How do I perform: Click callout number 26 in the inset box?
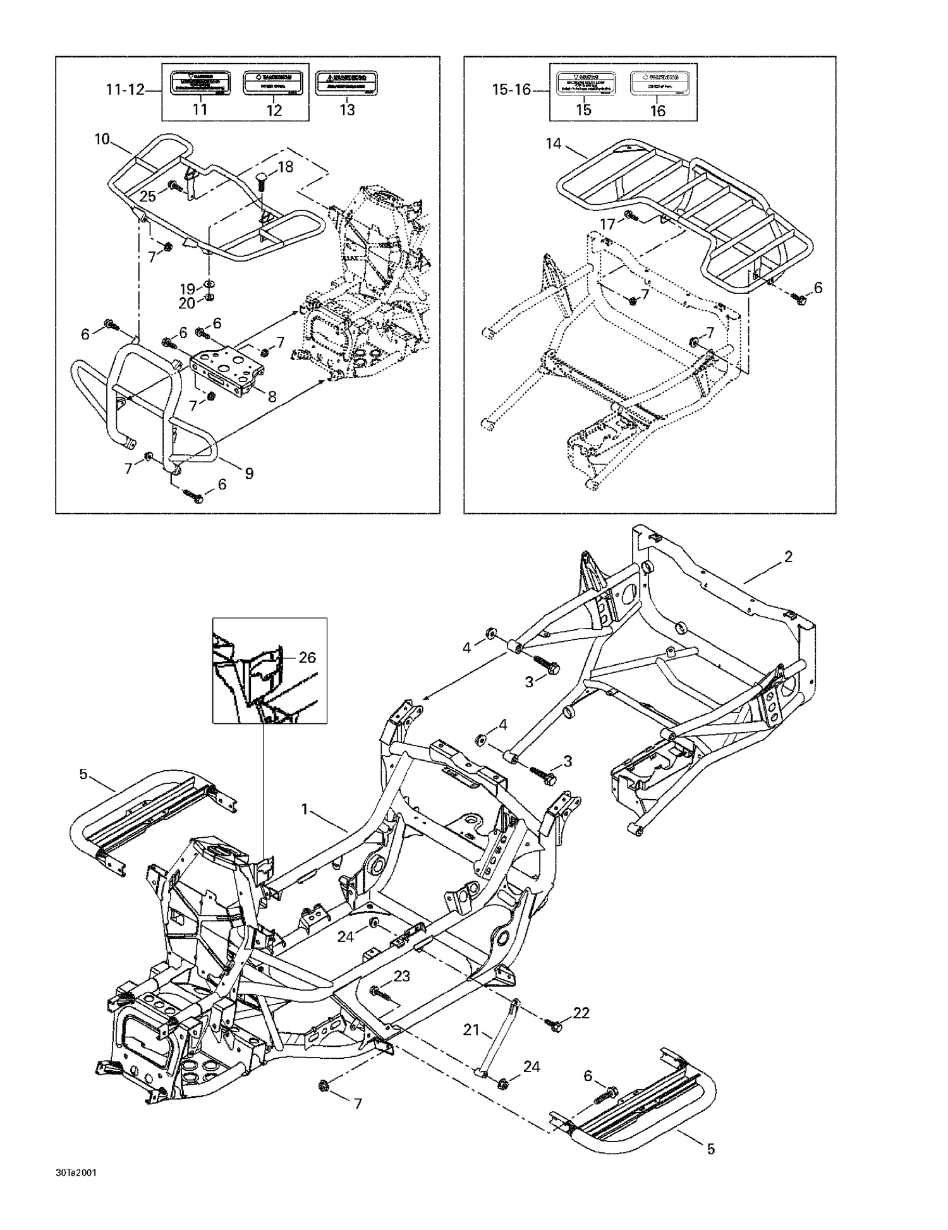coord(307,658)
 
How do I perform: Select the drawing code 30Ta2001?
coord(76,1173)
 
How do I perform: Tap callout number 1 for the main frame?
coord(305,809)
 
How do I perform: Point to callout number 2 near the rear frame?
coord(788,557)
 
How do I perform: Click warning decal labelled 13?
coord(346,83)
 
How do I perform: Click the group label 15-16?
coord(511,90)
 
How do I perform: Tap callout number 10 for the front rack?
coord(102,139)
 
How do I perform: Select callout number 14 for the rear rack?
coord(554,144)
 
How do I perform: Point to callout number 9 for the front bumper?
coord(249,473)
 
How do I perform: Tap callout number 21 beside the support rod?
coord(471,1030)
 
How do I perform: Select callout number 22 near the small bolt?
coord(581,1013)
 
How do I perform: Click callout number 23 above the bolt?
coord(402,976)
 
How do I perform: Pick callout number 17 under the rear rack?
coord(607,224)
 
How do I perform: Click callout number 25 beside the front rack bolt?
coord(148,196)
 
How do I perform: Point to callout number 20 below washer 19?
coord(187,303)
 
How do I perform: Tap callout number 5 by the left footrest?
coord(83,774)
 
